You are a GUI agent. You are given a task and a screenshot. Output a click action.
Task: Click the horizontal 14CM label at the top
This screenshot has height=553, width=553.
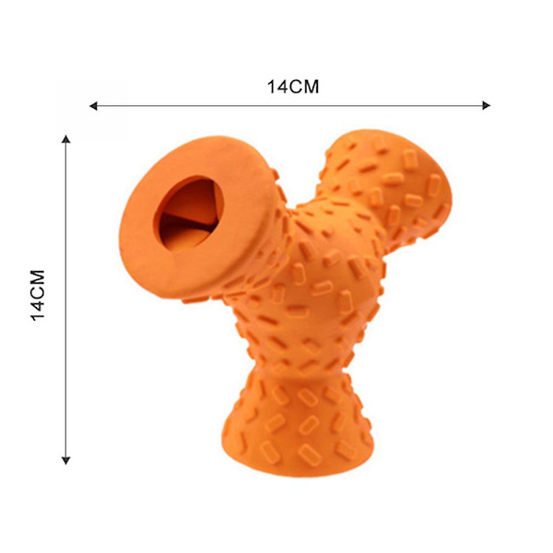[293, 87]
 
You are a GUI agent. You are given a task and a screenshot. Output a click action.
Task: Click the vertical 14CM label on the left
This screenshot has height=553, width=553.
[38, 295]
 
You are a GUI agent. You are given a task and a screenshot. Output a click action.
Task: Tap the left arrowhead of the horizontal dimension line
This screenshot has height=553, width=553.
[93, 106]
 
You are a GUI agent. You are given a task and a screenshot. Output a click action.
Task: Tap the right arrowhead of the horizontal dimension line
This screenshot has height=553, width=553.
[486, 105]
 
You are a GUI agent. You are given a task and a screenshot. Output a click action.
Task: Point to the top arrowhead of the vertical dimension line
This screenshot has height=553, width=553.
[66, 139]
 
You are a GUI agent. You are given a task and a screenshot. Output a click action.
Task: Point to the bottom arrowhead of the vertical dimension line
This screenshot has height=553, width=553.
[66, 460]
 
